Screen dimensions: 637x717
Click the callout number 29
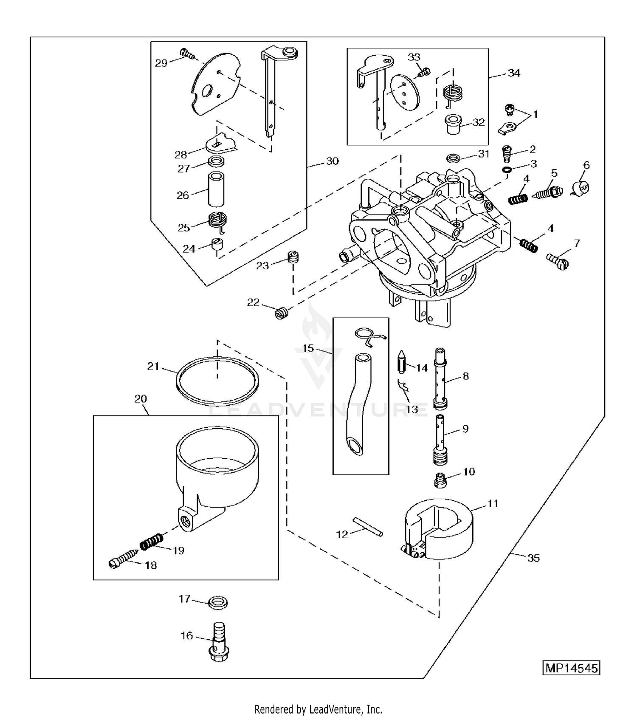click(161, 63)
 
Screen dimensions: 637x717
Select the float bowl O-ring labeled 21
click(217, 381)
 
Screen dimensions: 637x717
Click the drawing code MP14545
click(572, 668)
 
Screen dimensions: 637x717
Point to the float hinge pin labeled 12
click(368, 527)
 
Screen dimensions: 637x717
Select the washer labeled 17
click(218, 602)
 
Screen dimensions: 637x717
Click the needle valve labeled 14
click(401, 361)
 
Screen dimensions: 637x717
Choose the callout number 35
click(533, 558)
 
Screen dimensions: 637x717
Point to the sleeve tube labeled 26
click(216, 189)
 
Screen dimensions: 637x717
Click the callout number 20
click(141, 399)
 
